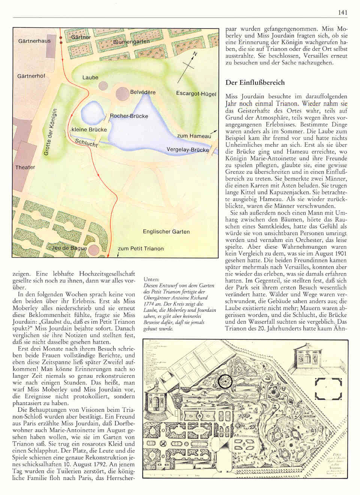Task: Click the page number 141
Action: pyautogui.click(x=342, y=13)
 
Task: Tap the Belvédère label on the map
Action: pyautogui.click(x=142, y=92)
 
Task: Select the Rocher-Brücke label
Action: pyautogui.click(x=129, y=116)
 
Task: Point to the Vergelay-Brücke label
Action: pyautogui.click(x=187, y=150)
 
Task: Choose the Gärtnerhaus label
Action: pyautogui.click(x=34, y=40)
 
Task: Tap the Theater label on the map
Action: pyautogui.click(x=25, y=167)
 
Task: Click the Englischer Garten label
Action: pyautogui.click(x=166, y=231)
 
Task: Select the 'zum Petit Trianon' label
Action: pyautogui.click(x=141, y=248)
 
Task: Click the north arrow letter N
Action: pyautogui.click(x=194, y=54)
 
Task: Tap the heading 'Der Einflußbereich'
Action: pyautogui.click(x=255, y=82)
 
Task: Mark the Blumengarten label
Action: pyautogui.click(x=131, y=42)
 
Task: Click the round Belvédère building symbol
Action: pyautogui.click(x=123, y=94)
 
